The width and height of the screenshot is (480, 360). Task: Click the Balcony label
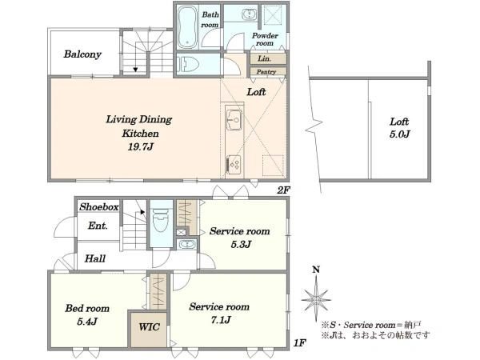[82, 54]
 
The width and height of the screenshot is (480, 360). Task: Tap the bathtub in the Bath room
[187, 27]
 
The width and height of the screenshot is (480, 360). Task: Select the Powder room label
[265, 39]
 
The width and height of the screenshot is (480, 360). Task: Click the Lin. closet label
[264, 58]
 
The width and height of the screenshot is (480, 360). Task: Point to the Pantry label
[266, 72]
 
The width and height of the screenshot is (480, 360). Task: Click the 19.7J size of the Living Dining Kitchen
[141, 147]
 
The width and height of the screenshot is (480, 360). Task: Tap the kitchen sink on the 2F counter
[234, 118]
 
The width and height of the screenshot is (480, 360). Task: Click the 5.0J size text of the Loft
[399, 134]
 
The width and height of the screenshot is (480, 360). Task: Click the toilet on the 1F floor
[161, 220]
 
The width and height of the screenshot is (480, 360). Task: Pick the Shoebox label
[99, 207]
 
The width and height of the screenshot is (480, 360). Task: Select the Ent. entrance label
[98, 226]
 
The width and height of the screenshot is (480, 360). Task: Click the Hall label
[95, 258]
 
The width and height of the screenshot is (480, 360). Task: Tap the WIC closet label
[149, 327]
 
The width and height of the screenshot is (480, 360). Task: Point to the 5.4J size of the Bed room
[87, 322]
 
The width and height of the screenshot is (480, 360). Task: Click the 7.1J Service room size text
[221, 320]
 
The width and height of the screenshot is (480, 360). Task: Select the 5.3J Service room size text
[241, 245]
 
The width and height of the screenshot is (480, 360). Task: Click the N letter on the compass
[316, 270]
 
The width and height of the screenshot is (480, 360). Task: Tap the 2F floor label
[283, 190]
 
